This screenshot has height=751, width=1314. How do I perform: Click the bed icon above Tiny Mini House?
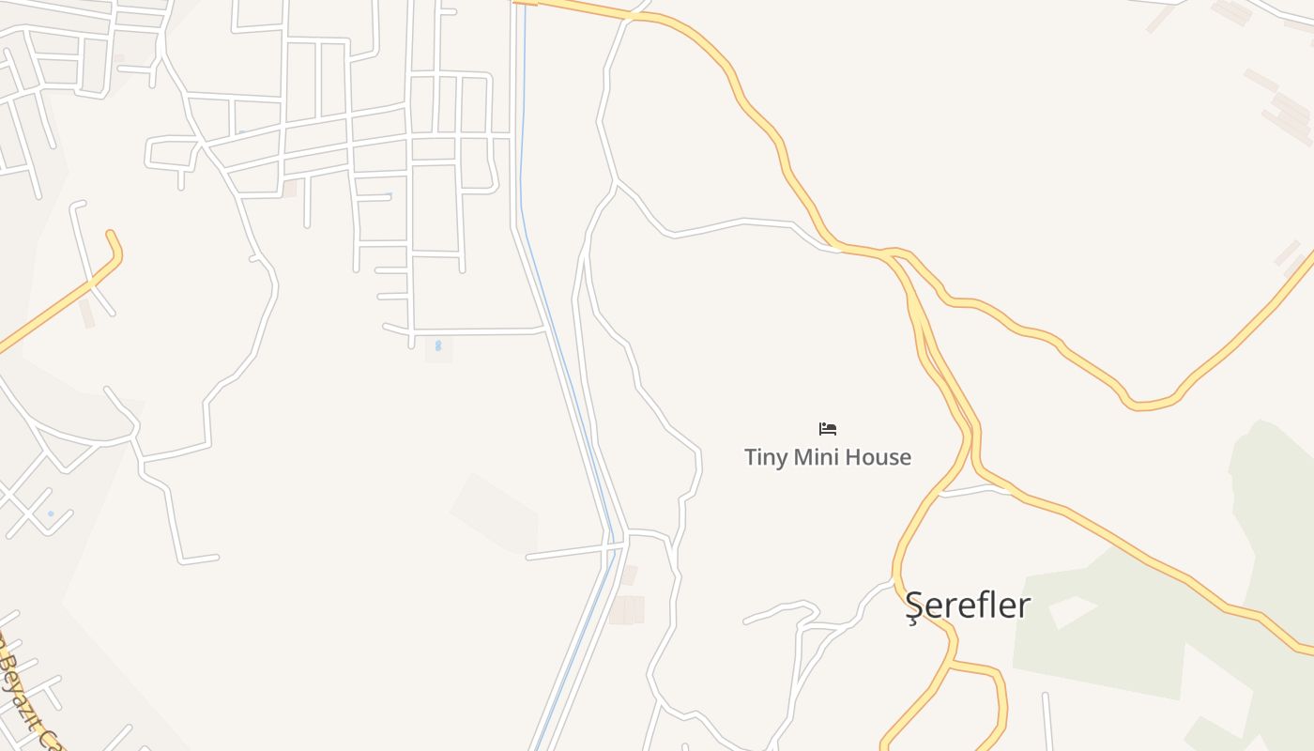[x=827, y=429]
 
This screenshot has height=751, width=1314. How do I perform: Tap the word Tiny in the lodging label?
[x=765, y=458]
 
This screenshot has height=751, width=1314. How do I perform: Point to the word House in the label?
[x=879, y=458]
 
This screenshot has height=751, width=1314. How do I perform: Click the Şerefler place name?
[x=968, y=605]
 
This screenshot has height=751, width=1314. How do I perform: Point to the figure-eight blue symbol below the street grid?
[x=437, y=346]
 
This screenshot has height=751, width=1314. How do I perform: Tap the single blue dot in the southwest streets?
[x=51, y=513]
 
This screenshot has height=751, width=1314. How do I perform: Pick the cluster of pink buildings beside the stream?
[x=626, y=608]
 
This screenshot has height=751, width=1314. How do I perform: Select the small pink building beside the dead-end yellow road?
[x=87, y=313]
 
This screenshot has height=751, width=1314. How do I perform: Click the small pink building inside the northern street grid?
[x=290, y=189]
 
